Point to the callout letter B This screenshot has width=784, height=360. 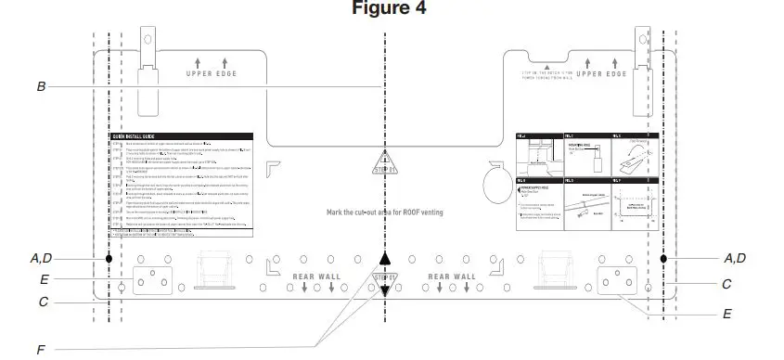41,86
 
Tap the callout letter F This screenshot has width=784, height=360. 40,350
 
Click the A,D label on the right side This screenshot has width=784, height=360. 736,258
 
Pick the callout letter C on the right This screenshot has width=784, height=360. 726,284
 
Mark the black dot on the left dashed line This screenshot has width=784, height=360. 109,259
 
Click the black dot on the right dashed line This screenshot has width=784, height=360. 663,259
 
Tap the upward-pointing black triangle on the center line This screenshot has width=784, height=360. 385,259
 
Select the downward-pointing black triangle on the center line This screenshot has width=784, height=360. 385,292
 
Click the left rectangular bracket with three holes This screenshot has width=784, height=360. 152,280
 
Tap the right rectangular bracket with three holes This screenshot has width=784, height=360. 619,280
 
